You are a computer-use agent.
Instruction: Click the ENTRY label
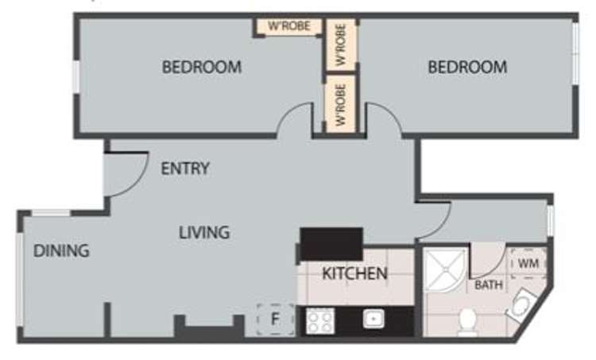pos(185,168)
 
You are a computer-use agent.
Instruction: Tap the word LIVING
pos(204,232)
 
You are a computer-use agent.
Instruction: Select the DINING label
pos(61,251)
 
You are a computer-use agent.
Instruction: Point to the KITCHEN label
pos(354,273)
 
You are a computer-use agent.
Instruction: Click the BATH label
pos(489,285)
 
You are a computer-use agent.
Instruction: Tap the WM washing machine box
pos(528,263)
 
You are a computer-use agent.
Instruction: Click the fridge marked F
pos(276,319)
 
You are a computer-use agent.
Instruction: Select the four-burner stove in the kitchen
pos(320,321)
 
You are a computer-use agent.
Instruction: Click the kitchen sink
pos(373,319)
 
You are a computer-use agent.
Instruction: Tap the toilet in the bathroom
pos(467,323)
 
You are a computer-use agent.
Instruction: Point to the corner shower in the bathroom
pos(446,269)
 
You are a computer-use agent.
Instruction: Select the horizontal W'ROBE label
pos(289,26)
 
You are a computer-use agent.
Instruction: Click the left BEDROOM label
pos(202,68)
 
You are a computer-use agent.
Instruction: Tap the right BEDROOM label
pos(467,68)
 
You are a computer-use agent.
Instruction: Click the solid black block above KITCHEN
pos(331,244)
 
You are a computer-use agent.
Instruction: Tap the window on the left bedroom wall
pos(76,76)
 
